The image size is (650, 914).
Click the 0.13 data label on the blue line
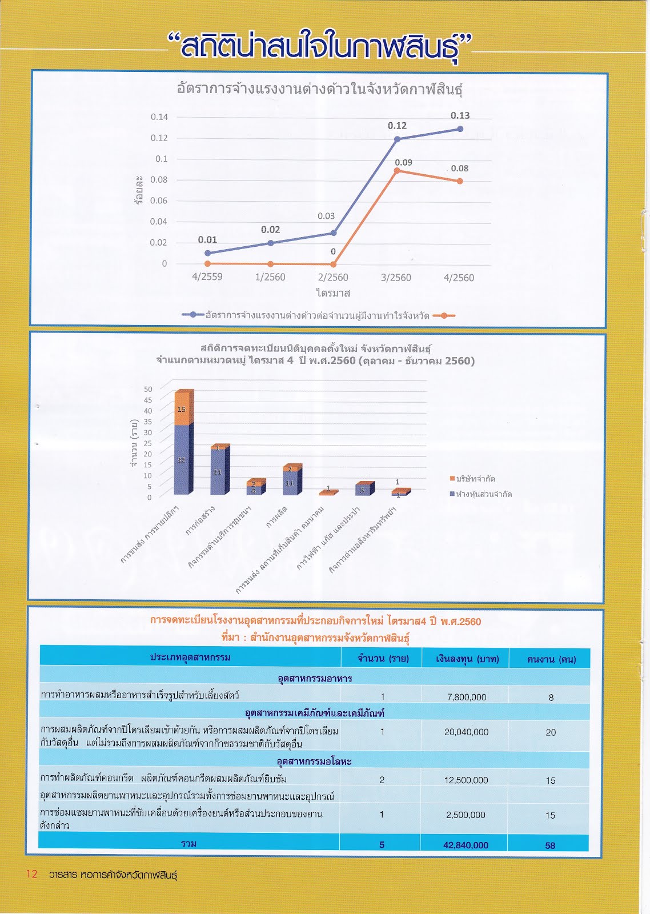coord(460,115)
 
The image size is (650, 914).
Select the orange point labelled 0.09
coord(397,171)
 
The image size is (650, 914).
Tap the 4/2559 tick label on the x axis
coord(207,277)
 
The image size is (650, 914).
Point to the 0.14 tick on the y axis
coord(159,117)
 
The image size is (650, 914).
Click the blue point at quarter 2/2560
coord(334,233)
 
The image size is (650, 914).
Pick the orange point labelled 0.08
coord(460,181)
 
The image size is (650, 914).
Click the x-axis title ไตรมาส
coord(333,293)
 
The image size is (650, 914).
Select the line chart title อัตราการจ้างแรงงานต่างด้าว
coord(320,89)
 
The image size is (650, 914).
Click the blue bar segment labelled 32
coord(182,460)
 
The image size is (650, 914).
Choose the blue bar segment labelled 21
coord(218,472)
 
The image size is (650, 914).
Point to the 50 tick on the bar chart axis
coord(148,390)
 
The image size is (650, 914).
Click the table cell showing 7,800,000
coord(466,697)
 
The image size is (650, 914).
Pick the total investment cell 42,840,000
coord(466,845)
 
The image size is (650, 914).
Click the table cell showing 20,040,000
coord(466,732)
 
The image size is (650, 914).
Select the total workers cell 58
coord(550,845)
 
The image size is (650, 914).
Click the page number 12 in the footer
coord(31,874)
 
